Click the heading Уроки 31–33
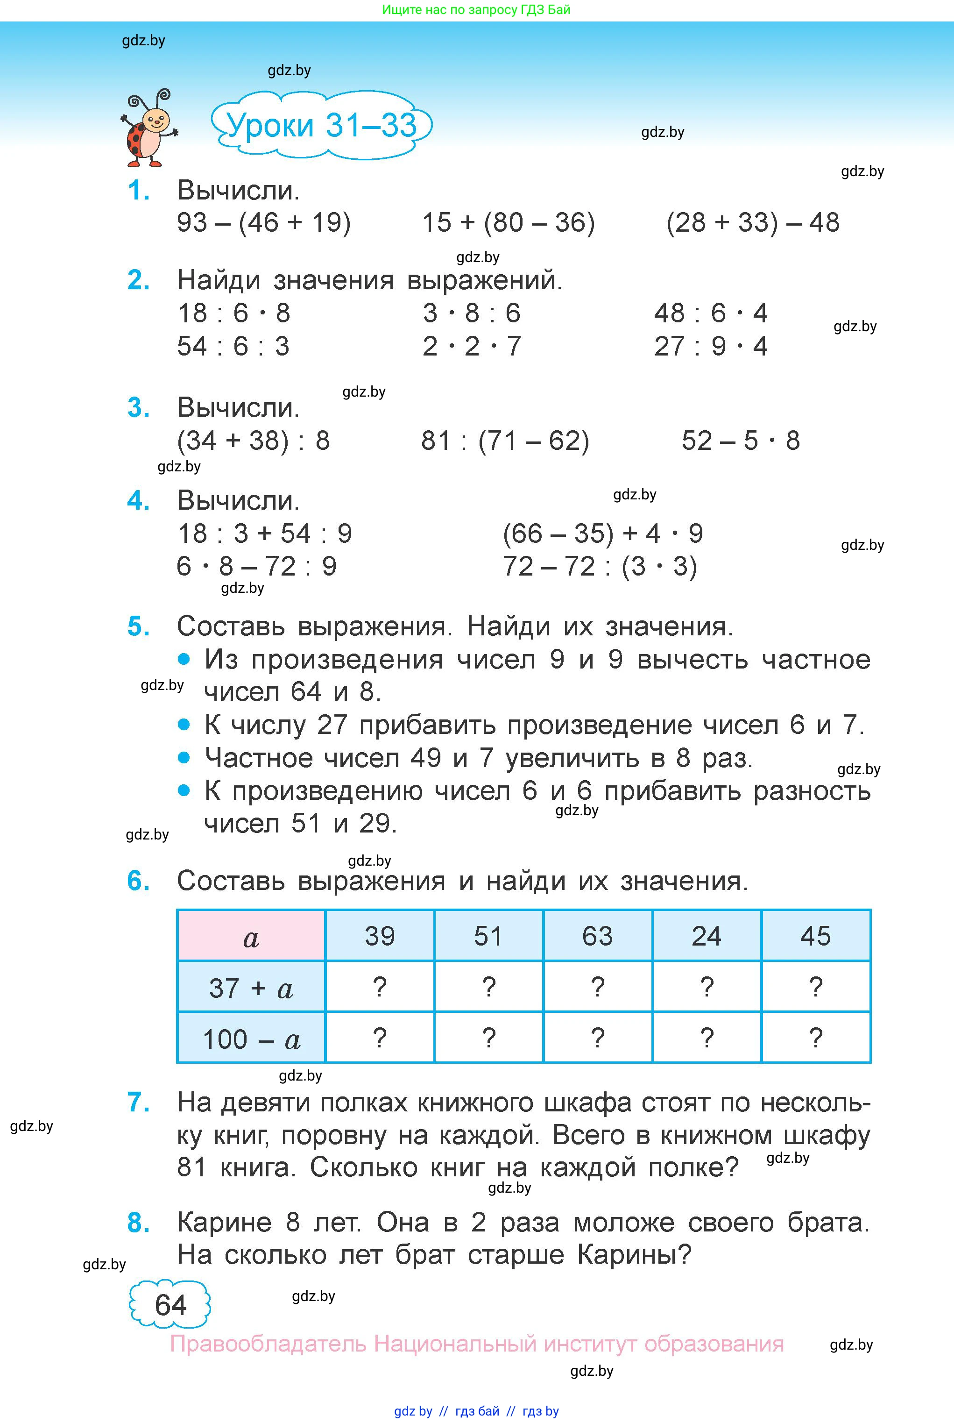[321, 125]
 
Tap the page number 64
[170, 1306]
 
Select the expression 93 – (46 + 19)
[263, 223]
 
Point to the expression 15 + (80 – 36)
[508, 223]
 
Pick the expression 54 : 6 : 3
[233, 346]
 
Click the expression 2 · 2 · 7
[472, 346]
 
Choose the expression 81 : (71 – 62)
[505, 441]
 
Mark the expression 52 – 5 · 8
[741, 441]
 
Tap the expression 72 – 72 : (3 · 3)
[599, 567]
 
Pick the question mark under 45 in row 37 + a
[815, 987]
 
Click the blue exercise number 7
[139, 1102]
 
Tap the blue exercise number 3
[139, 408]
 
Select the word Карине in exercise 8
[224, 1222]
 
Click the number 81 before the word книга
[191, 1167]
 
